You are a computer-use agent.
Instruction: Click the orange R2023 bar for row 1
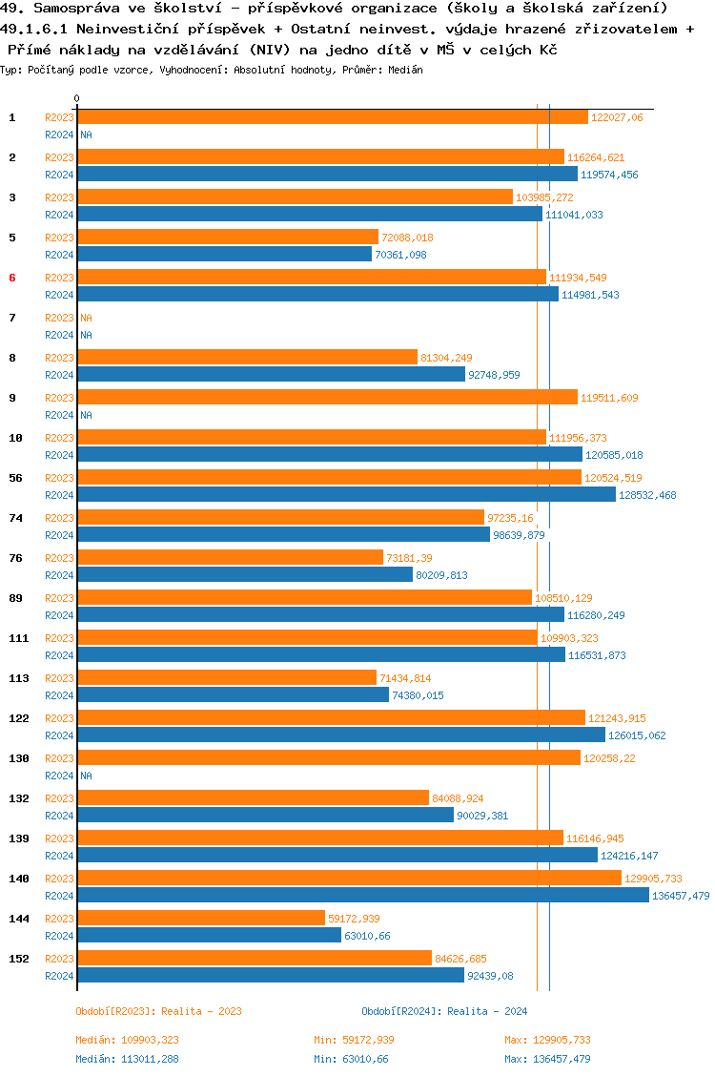(333, 117)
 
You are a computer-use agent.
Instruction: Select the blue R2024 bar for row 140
(363, 896)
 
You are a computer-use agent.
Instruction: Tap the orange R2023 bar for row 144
(201, 919)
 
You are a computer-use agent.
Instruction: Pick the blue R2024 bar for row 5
(224, 255)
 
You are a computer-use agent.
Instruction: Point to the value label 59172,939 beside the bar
(354, 919)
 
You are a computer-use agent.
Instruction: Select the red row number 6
(12, 278)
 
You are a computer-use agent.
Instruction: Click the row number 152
(18, 959)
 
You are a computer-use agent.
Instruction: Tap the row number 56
(15, 478)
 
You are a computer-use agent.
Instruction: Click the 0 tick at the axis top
(76, 99)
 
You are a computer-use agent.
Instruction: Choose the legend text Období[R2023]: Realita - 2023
(158, 1011)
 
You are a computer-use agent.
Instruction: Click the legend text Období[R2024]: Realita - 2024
(444, 1011)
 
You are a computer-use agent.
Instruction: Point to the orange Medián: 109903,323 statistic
(128, 1040)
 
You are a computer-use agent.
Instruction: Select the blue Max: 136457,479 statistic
(547, 1059)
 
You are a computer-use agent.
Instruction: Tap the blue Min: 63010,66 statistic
(351, 1059)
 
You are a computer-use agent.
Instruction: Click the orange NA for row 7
(86, 318)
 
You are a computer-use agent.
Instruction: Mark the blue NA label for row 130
(86, 776)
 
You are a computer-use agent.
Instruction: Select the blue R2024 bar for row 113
(233, 695)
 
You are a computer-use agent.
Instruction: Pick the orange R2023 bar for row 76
(230, 558)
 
